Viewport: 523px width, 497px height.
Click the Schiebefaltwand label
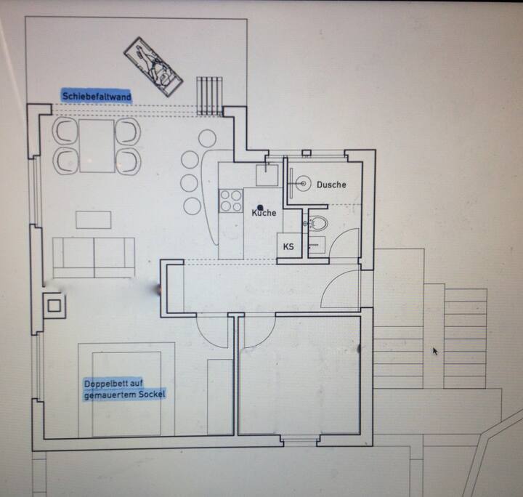pos(97,96)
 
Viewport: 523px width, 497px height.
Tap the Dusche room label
pos(331,185)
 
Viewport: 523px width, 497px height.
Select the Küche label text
pos(264,212)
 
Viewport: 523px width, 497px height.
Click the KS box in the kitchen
pos(289,246)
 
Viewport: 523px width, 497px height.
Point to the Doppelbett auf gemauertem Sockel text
pos(125,389)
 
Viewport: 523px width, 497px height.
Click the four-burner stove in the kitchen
pos(230,201)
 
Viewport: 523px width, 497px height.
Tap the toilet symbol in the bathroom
pos(318,223)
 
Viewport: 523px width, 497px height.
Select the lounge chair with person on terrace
pos(153,66)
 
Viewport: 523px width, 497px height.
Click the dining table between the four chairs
pos(97,146)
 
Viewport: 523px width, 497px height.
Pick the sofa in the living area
pos(94,257)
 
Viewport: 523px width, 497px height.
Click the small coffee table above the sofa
pos(94,220)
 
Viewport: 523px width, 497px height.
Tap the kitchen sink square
pos(267,175)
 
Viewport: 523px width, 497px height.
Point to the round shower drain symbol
pos(303,183)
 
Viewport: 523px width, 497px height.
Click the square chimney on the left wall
pos(54,306)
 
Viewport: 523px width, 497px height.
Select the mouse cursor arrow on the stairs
pos(435,351)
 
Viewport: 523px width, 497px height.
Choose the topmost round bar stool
pos(207,137)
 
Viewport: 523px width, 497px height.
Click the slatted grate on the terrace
pos(209,96)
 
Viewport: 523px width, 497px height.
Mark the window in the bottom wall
pos(300,440)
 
